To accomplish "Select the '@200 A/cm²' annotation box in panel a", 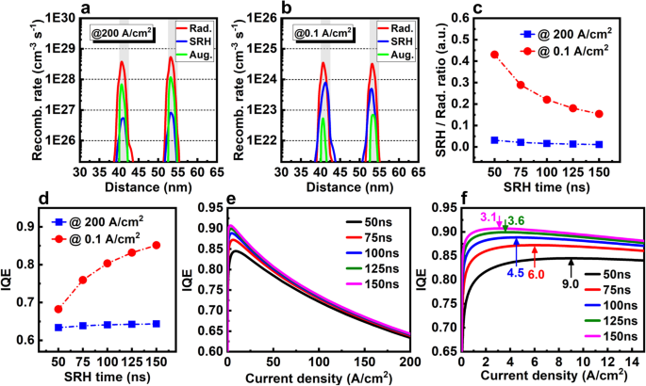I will click(124, 35).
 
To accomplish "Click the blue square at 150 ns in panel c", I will click(598, 144).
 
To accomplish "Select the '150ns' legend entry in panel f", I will click(614, 333).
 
